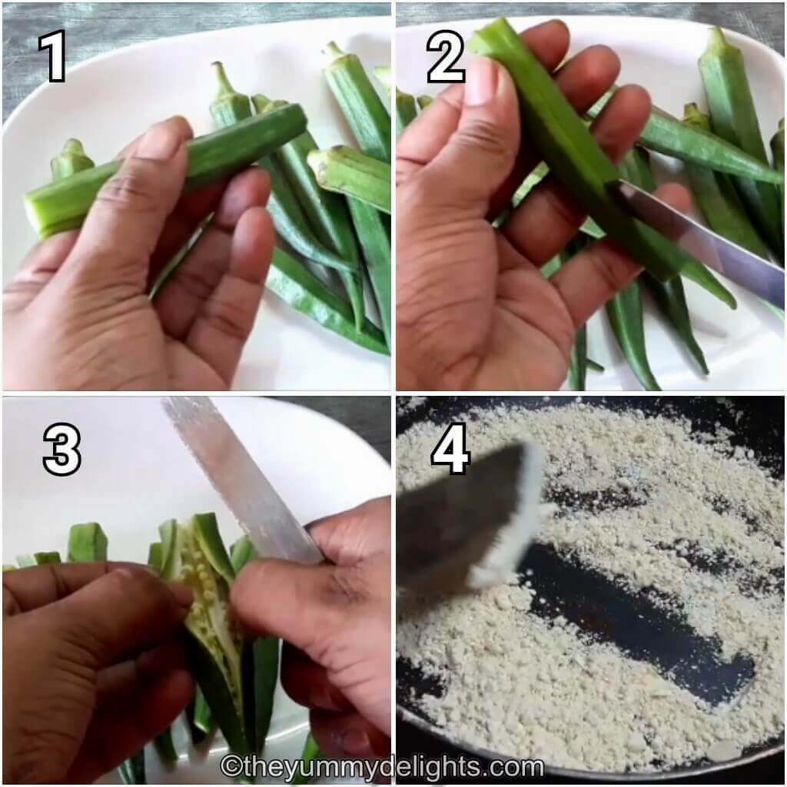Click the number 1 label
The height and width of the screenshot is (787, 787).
53,57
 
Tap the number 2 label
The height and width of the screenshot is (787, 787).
446,57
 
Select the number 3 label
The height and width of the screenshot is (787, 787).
61,449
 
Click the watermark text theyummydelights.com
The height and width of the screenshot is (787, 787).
392,766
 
